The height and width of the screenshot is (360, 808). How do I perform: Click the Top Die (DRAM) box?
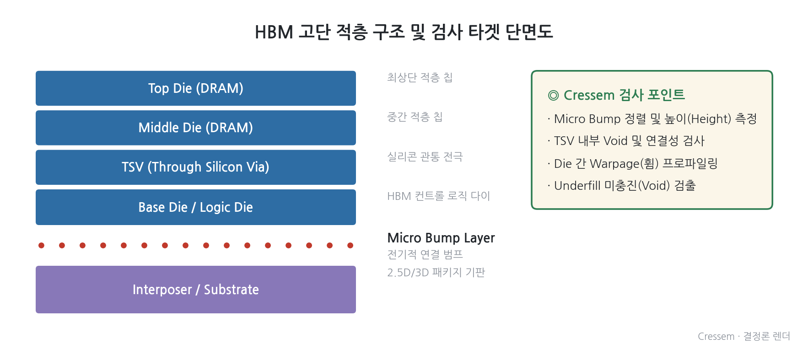tap(196, 88)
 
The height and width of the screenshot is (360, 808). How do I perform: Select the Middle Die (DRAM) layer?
tap(196, 128)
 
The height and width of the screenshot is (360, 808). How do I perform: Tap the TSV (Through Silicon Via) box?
tap(196, 167)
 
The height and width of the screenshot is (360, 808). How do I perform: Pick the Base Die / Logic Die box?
tap(196, 207)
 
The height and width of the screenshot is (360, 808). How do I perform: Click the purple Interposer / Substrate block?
tap(196, 290)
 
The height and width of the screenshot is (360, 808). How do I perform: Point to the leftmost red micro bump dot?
tap(41, 246)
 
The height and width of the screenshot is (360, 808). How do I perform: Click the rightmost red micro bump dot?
tap(350, 246)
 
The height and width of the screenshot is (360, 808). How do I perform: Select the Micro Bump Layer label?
tap(441, 238)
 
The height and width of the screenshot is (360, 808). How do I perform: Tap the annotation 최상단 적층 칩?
tap(420, 77)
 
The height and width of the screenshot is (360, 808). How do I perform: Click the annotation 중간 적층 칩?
tap(415, 117)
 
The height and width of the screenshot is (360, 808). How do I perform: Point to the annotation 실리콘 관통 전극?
tap(425, 156)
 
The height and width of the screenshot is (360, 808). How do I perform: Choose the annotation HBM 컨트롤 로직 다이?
tap(439, 196)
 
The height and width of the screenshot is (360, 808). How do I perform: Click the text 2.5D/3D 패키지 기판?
tap(436, 273)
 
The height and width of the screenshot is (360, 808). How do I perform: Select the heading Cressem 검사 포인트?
tap(624, 95)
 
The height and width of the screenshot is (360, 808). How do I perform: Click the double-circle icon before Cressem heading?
tap(553, 95)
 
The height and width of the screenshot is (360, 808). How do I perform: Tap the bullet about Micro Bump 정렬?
tap(652, 119)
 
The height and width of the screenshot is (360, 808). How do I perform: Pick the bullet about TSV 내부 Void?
tap(626, 141)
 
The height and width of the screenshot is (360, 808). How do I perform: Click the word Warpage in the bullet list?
tap(615, 164)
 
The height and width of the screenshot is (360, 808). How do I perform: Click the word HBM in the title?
tap(274, 32)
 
